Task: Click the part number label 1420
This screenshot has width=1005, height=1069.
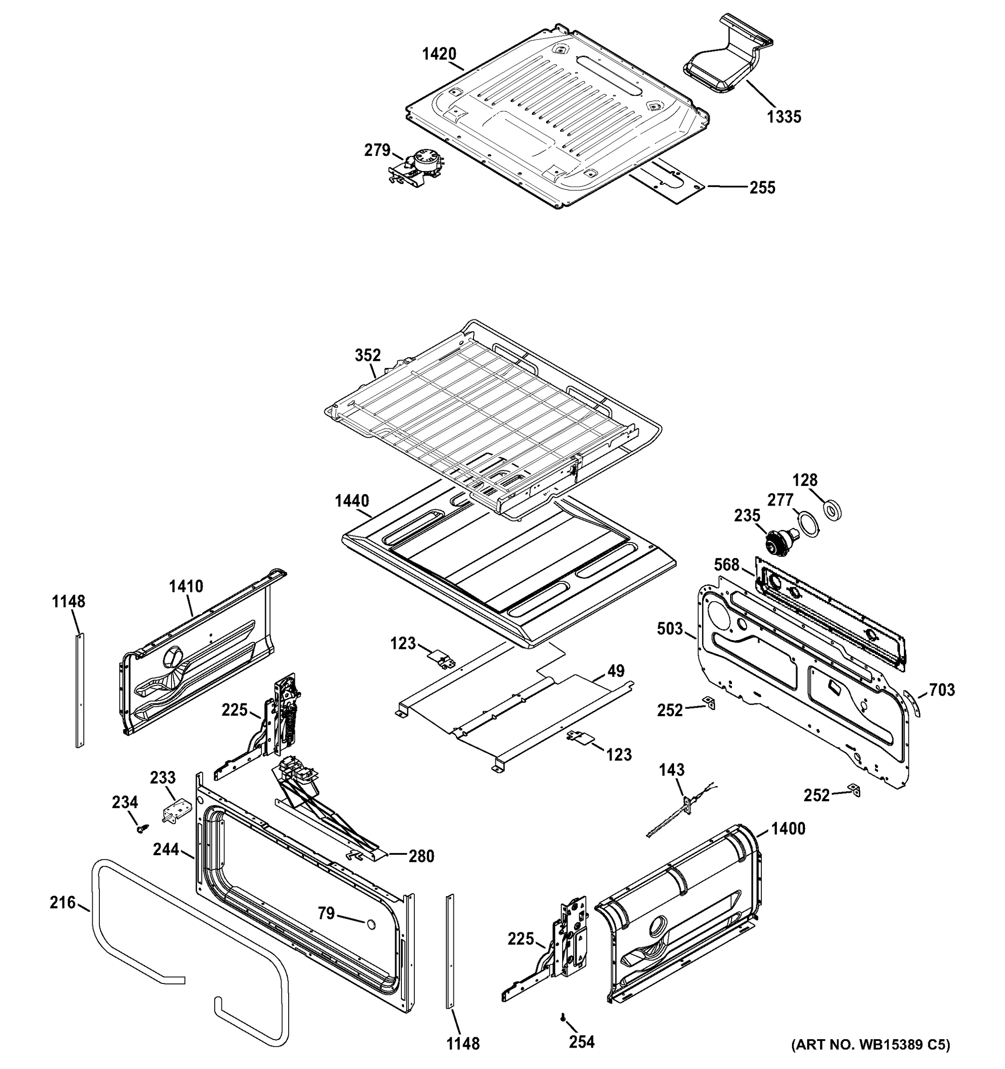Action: click(x=439, y=54)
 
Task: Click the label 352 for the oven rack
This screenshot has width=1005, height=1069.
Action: click(x=368, y=355)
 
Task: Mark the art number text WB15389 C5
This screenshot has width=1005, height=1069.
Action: click(x=870, y=1045)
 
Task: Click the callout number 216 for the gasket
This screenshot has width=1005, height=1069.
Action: click(x=62, y=902)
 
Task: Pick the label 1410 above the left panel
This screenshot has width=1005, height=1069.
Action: click(x=186, y=586)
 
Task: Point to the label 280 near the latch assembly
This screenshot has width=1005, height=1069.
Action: click(x=421, y=856)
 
